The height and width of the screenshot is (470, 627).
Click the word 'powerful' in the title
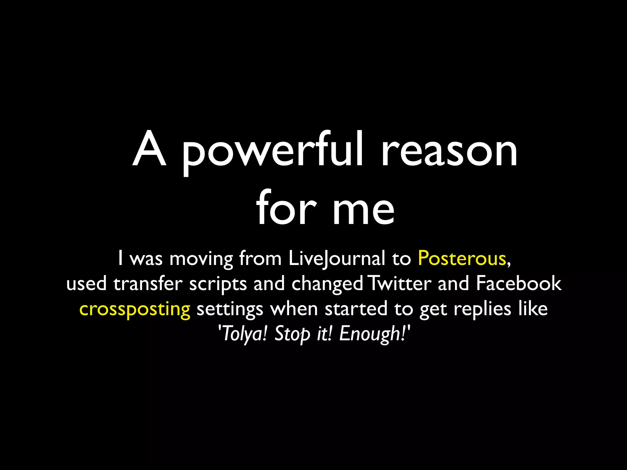pos(272,151)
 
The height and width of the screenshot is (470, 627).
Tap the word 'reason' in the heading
pos(449,151)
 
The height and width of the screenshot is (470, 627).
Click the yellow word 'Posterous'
pos(462,259)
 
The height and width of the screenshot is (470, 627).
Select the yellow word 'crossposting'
pos(135,309)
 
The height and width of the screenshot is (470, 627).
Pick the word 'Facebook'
pos(518,283)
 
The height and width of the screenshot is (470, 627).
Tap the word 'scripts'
pos(218,284)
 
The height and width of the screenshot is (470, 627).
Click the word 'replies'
pos(482,309)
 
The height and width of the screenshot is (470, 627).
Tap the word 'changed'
pos(327,284)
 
